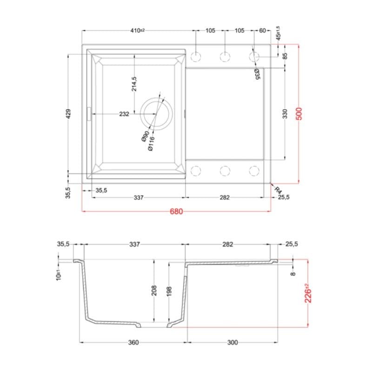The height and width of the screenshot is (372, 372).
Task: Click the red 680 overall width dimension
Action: [176, 211]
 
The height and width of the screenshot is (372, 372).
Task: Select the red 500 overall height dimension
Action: [299, 113]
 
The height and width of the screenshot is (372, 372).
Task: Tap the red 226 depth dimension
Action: [308, 293]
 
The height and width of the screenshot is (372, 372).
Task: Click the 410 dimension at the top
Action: [137, 30]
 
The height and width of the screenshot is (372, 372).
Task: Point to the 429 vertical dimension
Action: [68, 114]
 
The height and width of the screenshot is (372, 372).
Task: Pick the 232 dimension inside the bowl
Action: [124, 114]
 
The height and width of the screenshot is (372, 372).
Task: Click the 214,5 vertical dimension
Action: [134, 84]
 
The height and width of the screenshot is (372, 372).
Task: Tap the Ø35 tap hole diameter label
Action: [257, 74]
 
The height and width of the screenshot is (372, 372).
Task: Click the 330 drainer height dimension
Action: [285, 114]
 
